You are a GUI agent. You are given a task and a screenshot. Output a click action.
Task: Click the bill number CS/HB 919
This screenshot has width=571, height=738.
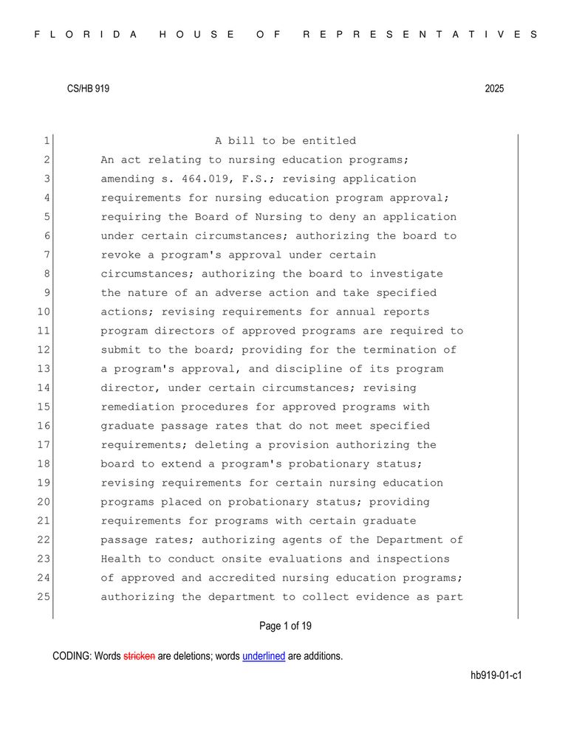88,89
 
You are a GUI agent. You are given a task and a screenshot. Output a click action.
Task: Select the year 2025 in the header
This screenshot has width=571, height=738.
494,89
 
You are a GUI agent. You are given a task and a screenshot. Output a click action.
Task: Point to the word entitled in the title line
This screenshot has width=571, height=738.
329,141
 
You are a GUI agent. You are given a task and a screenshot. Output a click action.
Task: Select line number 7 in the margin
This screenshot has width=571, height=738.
45,255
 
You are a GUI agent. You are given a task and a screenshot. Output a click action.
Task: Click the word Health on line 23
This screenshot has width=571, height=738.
120,559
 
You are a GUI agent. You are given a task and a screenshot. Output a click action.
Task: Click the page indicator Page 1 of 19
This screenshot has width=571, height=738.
285,627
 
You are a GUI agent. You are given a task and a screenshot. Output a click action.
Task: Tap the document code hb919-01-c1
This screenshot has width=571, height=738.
496,675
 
